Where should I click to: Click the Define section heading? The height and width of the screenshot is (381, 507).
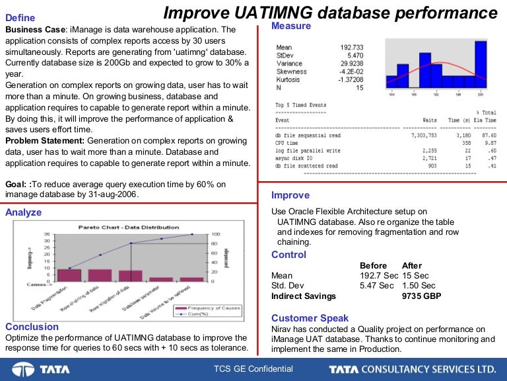click(20, 18)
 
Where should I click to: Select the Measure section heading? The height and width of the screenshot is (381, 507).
click(291, 26)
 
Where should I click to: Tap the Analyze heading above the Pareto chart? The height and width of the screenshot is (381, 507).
click(23, 212)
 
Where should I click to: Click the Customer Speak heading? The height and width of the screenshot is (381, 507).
click(310, 318)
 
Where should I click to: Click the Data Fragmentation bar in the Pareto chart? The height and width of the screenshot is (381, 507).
click(69, 275)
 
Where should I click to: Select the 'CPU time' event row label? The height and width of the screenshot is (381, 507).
click(287, 142)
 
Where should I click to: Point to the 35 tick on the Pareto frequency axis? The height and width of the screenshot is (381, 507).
click(46, 234)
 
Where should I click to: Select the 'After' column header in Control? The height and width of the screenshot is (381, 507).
click(411, 265)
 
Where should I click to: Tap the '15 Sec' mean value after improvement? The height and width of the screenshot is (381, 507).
click(415, 275)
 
